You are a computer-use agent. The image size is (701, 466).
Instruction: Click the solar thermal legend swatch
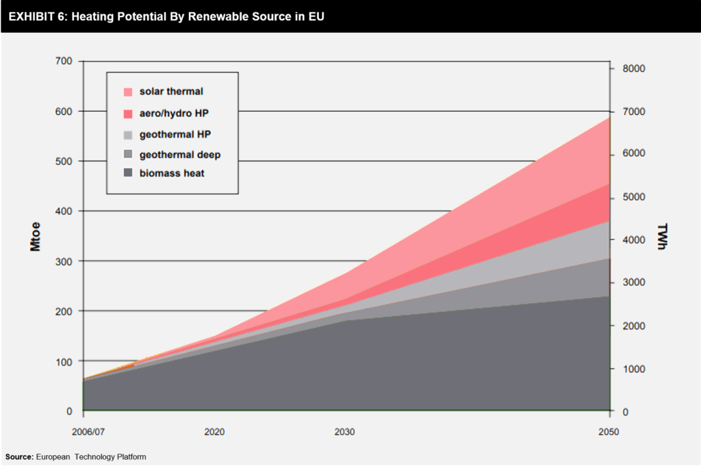128,92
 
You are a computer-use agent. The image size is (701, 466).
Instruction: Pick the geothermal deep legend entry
180,155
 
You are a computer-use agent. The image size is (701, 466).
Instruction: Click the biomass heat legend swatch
128,174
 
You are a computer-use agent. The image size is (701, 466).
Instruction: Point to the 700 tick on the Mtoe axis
64,61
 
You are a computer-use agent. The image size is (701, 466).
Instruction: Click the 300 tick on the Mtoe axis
64,261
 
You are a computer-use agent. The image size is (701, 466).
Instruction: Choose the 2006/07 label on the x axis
83,432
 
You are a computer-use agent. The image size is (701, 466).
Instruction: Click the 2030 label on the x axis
345,432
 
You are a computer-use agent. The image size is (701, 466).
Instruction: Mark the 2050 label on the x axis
608,432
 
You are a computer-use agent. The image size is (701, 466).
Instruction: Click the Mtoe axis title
36,236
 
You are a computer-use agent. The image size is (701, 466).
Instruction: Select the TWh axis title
662,236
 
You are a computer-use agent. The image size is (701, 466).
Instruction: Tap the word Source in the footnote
18,456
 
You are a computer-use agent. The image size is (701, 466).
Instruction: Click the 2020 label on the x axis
214,432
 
